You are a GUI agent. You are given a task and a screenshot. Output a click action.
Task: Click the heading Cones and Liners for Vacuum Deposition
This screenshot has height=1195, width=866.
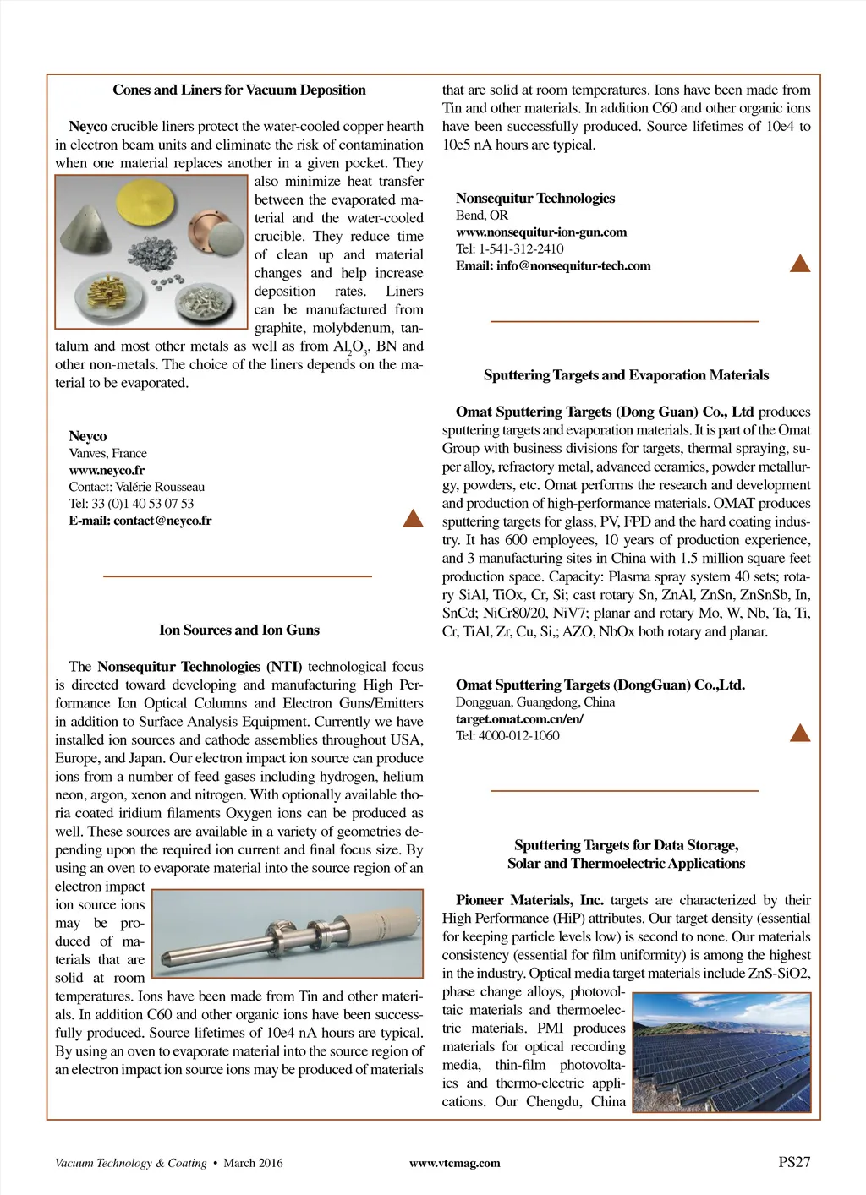[239, 90]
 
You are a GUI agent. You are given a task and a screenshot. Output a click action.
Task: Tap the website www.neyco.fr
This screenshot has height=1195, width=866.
[107, 470]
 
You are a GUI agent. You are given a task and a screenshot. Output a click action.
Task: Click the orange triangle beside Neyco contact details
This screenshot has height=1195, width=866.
[413, 518]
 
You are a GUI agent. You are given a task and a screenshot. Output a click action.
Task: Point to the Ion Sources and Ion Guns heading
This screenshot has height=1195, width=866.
[239, 630]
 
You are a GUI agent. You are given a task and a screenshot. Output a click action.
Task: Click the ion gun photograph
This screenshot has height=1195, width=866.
[288, 934]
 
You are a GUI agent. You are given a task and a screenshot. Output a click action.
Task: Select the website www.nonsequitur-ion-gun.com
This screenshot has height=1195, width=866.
[541, 232]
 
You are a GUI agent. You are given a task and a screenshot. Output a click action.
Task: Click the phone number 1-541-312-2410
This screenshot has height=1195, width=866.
[521, 248]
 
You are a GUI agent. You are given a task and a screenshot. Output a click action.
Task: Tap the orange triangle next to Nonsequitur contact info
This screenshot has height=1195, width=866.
[799, 263]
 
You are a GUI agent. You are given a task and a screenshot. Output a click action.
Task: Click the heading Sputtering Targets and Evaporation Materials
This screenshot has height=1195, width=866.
[626, 375]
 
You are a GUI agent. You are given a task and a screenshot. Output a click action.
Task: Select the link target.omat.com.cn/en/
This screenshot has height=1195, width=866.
[519, 718]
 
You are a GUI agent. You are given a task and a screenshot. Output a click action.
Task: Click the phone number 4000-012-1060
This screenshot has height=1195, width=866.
[518, 735]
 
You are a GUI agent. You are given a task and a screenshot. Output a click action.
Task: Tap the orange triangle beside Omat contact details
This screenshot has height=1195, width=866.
[799, 733]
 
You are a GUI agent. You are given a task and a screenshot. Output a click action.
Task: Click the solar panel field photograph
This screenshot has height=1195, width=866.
[721, 1052]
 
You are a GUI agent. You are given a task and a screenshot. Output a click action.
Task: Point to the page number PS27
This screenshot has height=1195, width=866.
[794, 1162]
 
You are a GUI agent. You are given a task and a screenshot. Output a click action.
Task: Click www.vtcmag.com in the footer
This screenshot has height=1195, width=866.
[454, 1163]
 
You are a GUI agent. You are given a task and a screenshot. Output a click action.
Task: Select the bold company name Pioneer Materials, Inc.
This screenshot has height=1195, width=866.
[529, 900]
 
